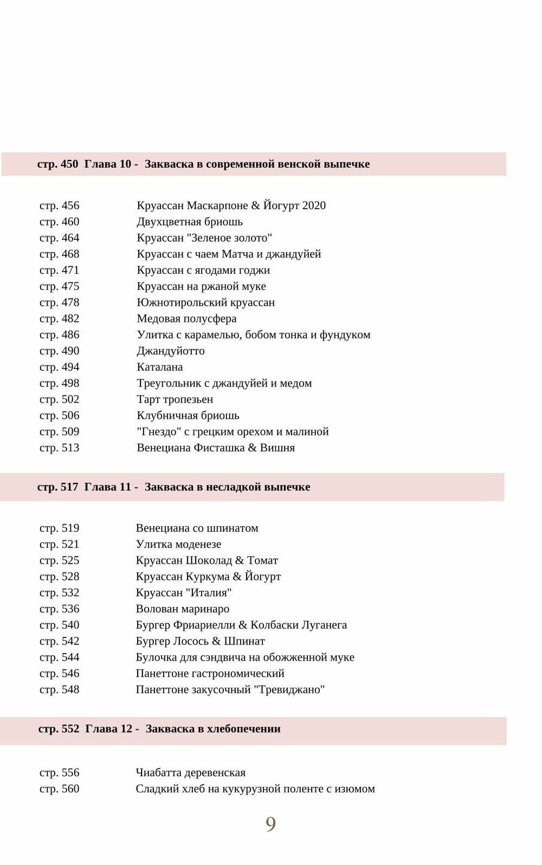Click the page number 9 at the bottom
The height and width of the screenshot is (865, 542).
(270, 824)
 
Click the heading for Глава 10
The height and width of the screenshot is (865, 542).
(203, 164)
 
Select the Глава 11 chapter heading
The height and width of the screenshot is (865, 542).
(173, 487)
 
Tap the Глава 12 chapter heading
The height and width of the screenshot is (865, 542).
(159, 729)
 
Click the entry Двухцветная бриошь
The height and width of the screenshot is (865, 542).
(190, 222)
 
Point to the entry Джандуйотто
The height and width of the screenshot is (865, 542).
(171, 351)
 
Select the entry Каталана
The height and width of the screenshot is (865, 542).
(160, 367)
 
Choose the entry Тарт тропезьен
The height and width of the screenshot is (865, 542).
(175, 399)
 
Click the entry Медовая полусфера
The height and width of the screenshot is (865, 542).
(186, 319)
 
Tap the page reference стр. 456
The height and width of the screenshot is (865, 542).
(59, 205)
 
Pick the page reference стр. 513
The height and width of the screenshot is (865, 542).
(59, 448)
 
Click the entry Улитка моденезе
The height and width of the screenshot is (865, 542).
(178, 544)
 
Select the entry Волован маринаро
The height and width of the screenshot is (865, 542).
(183, 609)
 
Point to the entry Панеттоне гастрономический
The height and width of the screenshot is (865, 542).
(210, 674)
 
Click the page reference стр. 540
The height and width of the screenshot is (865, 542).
(59, 625)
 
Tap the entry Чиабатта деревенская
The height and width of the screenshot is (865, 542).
(191, 773)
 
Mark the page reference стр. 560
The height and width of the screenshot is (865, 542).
(59, 789)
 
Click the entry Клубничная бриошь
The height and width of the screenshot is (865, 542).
(188, 416)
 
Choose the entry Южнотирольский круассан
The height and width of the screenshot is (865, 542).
(206, 302)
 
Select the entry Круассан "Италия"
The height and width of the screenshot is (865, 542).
(184, 592)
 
